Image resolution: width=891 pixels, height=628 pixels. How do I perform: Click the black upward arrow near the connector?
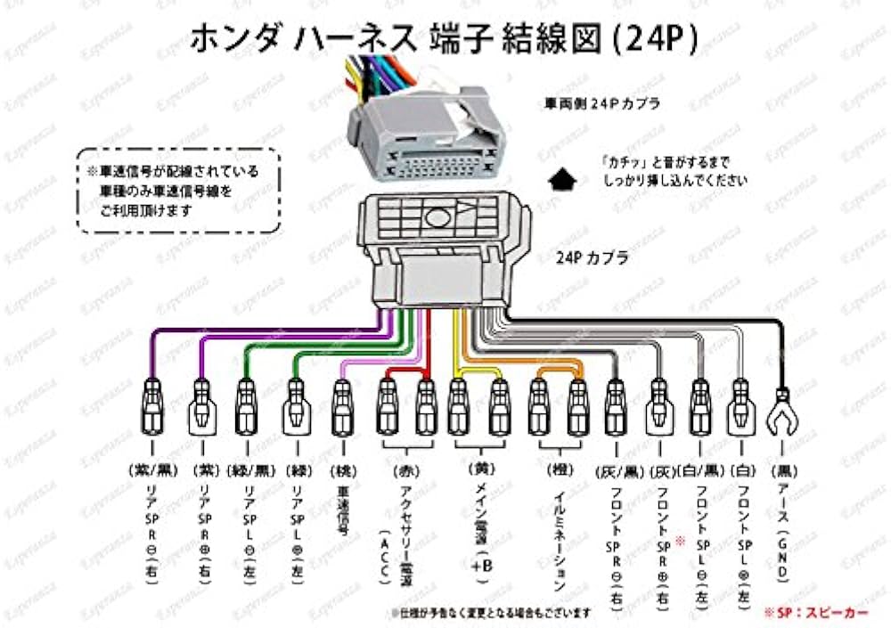click(560, 180)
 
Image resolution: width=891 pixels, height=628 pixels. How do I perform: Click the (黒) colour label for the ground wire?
click(783, 469)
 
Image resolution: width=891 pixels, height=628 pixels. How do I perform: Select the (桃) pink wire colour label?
click(342, 469)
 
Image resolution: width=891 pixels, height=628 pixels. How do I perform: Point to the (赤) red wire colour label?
click(404, 469)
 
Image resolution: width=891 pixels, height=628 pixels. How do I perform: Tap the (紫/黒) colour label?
click(153, 469)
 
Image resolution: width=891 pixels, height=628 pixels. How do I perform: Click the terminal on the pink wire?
click(342, 405)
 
